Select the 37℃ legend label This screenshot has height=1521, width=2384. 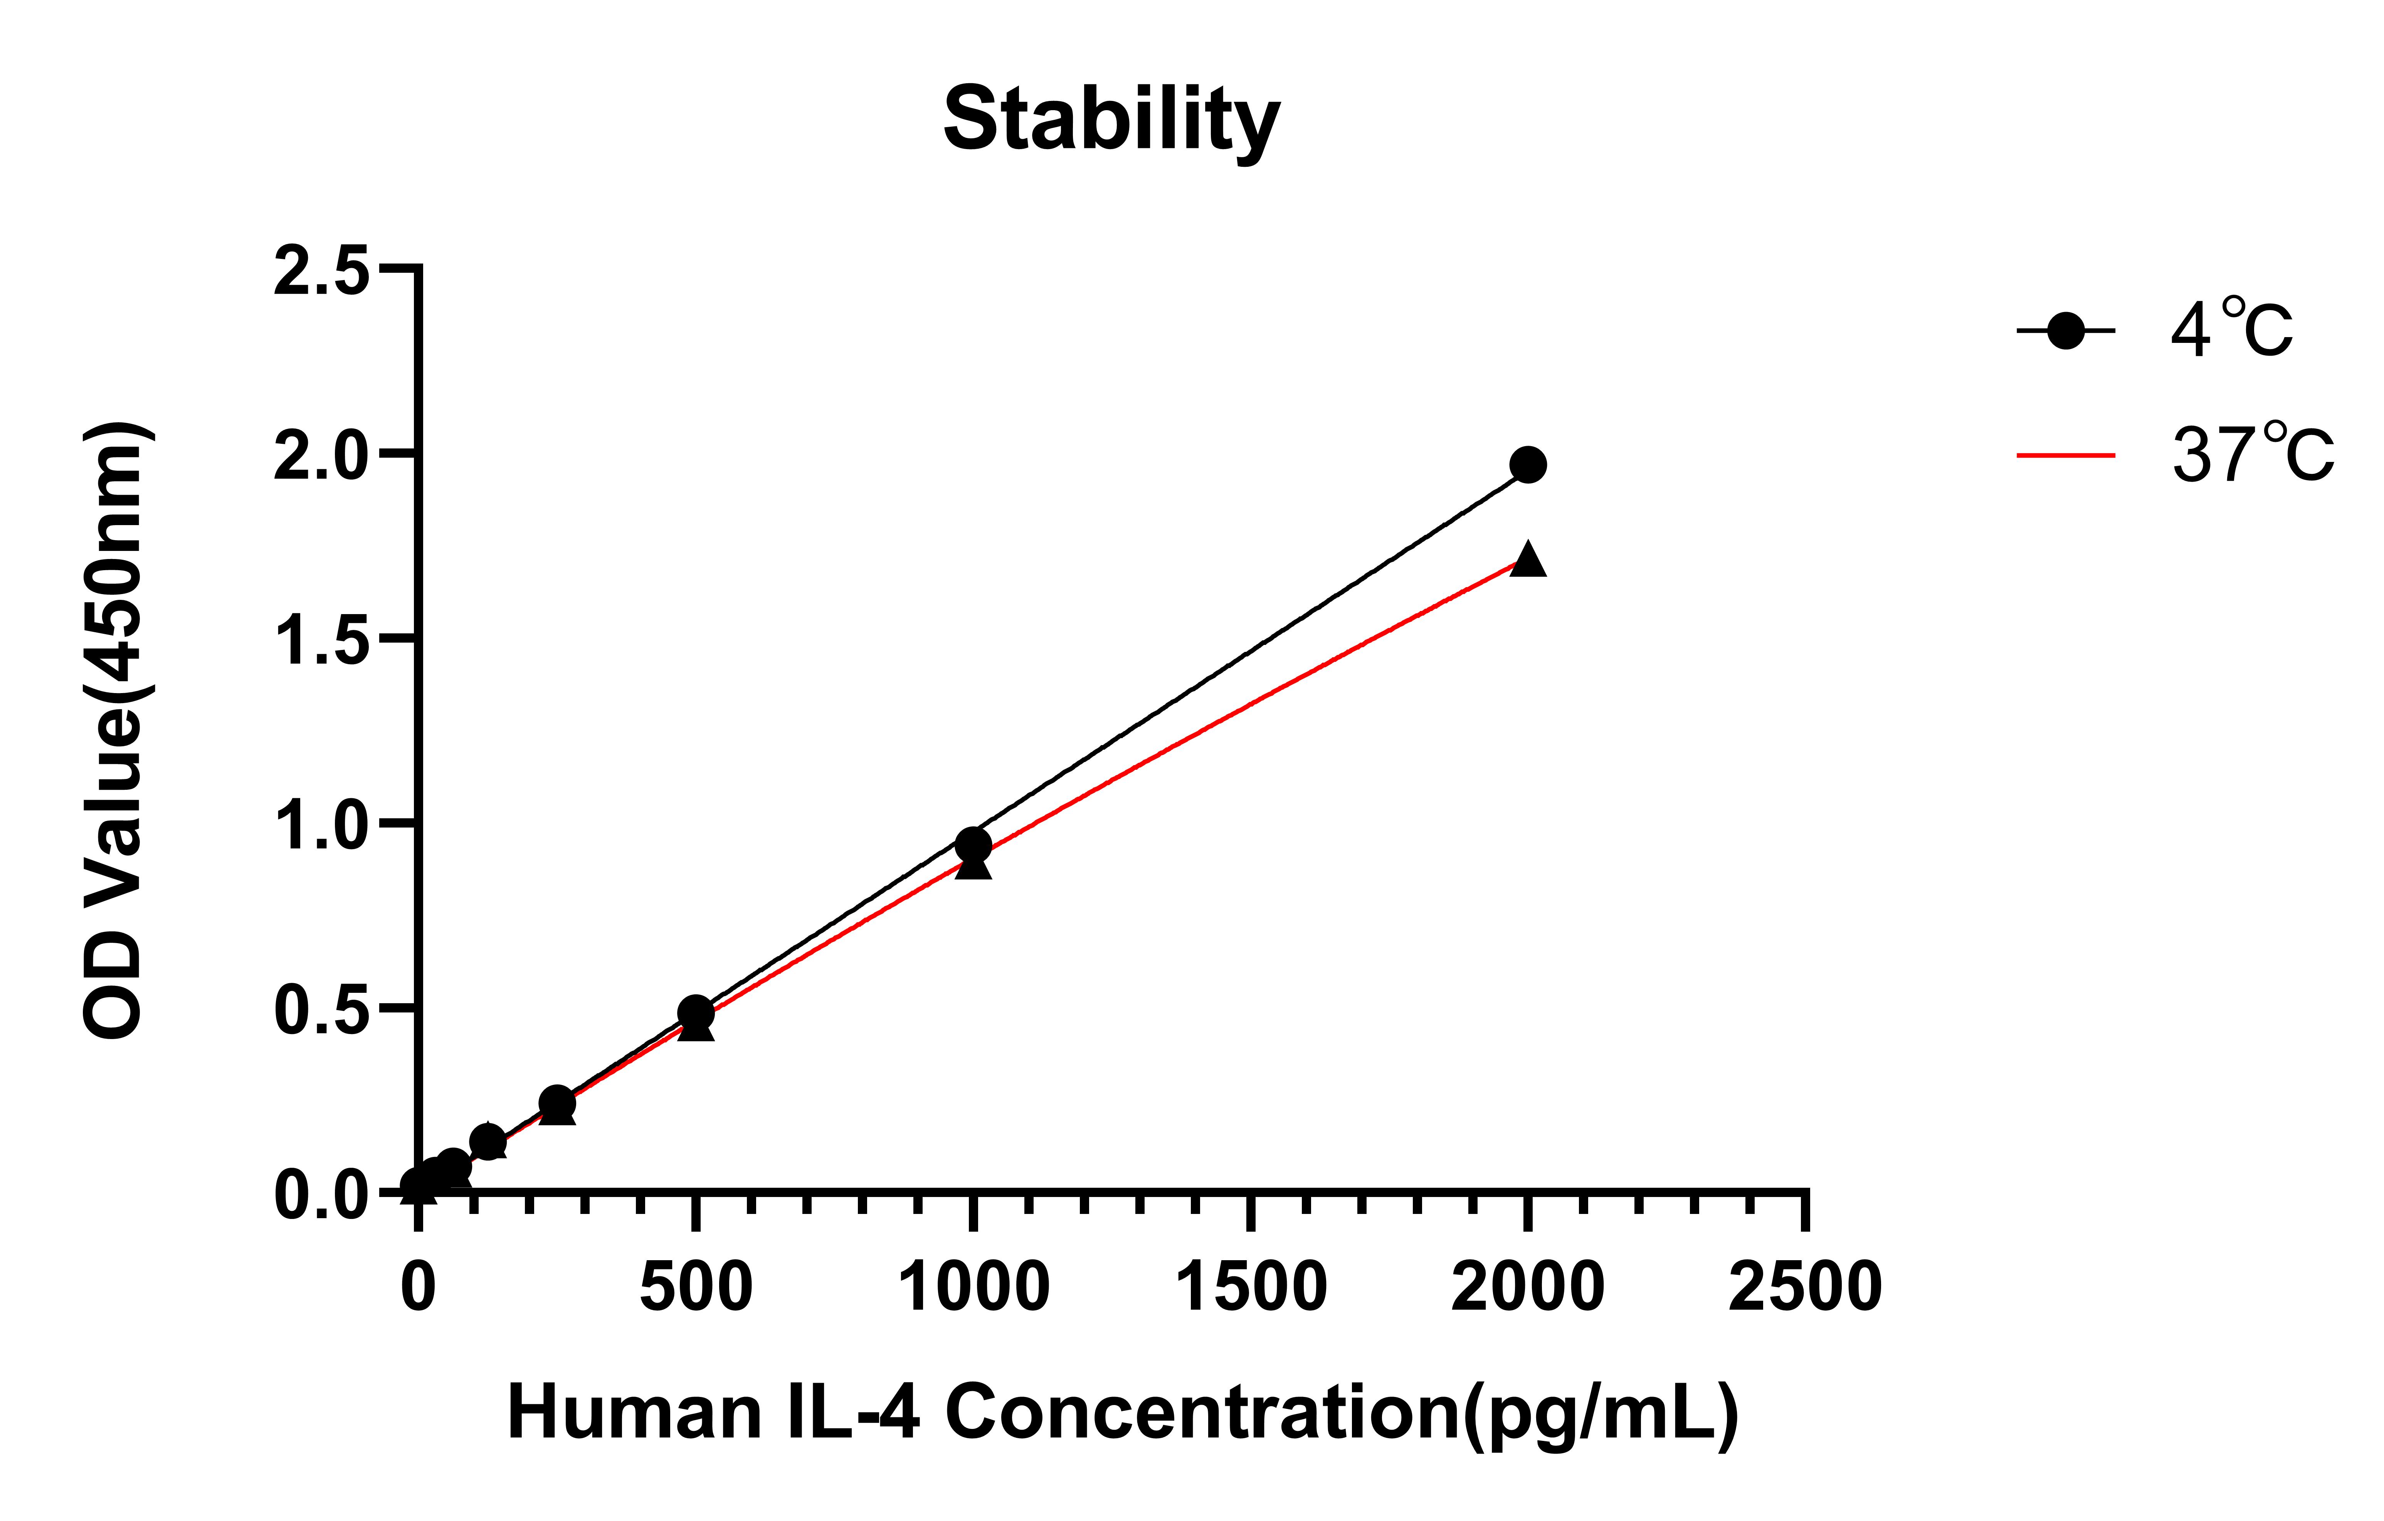(2252, 455)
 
